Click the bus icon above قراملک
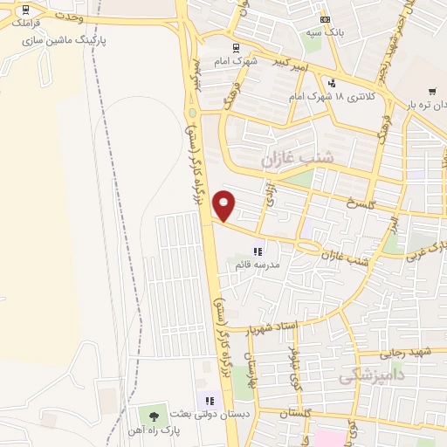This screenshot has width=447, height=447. point(24,10)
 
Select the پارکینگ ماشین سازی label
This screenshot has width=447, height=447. point(61,40)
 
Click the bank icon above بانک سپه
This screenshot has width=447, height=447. point(325,19)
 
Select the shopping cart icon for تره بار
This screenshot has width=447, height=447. point(432,91)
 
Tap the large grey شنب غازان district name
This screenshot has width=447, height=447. point(297,160)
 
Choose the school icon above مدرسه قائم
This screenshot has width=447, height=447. point(258,251)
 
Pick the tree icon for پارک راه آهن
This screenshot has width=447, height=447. point(155,414)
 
